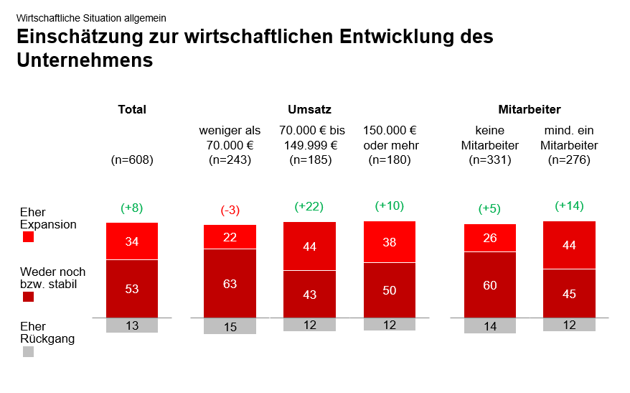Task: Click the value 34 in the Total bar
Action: [x=132, y=241]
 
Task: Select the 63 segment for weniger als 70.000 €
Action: [x=230, y=284]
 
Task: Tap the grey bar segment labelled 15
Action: [x=230, y=326]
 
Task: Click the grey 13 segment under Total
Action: [x=132, y=325]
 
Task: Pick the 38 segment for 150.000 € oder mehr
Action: [x=390, y=242]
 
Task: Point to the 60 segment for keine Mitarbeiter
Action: [x=490, y=285]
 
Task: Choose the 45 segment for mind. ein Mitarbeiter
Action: [x=569, y=293]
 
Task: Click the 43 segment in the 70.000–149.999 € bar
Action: [x=309, y=294]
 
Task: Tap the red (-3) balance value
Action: [x=230, y=210]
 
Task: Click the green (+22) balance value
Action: [x=309, y=206]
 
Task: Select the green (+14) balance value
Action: [x=569, y=205]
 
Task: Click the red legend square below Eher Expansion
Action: [x=29, y=237]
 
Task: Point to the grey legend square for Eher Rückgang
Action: [x=29, y=351]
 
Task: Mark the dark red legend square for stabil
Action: [x=29, y=296]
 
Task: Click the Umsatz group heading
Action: [x=309, y=110]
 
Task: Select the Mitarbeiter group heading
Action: [x=530, y=110]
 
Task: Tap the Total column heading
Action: [x=132, y=110]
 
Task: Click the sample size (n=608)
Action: [x=132, y=159]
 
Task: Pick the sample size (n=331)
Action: [x=490, y=159]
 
